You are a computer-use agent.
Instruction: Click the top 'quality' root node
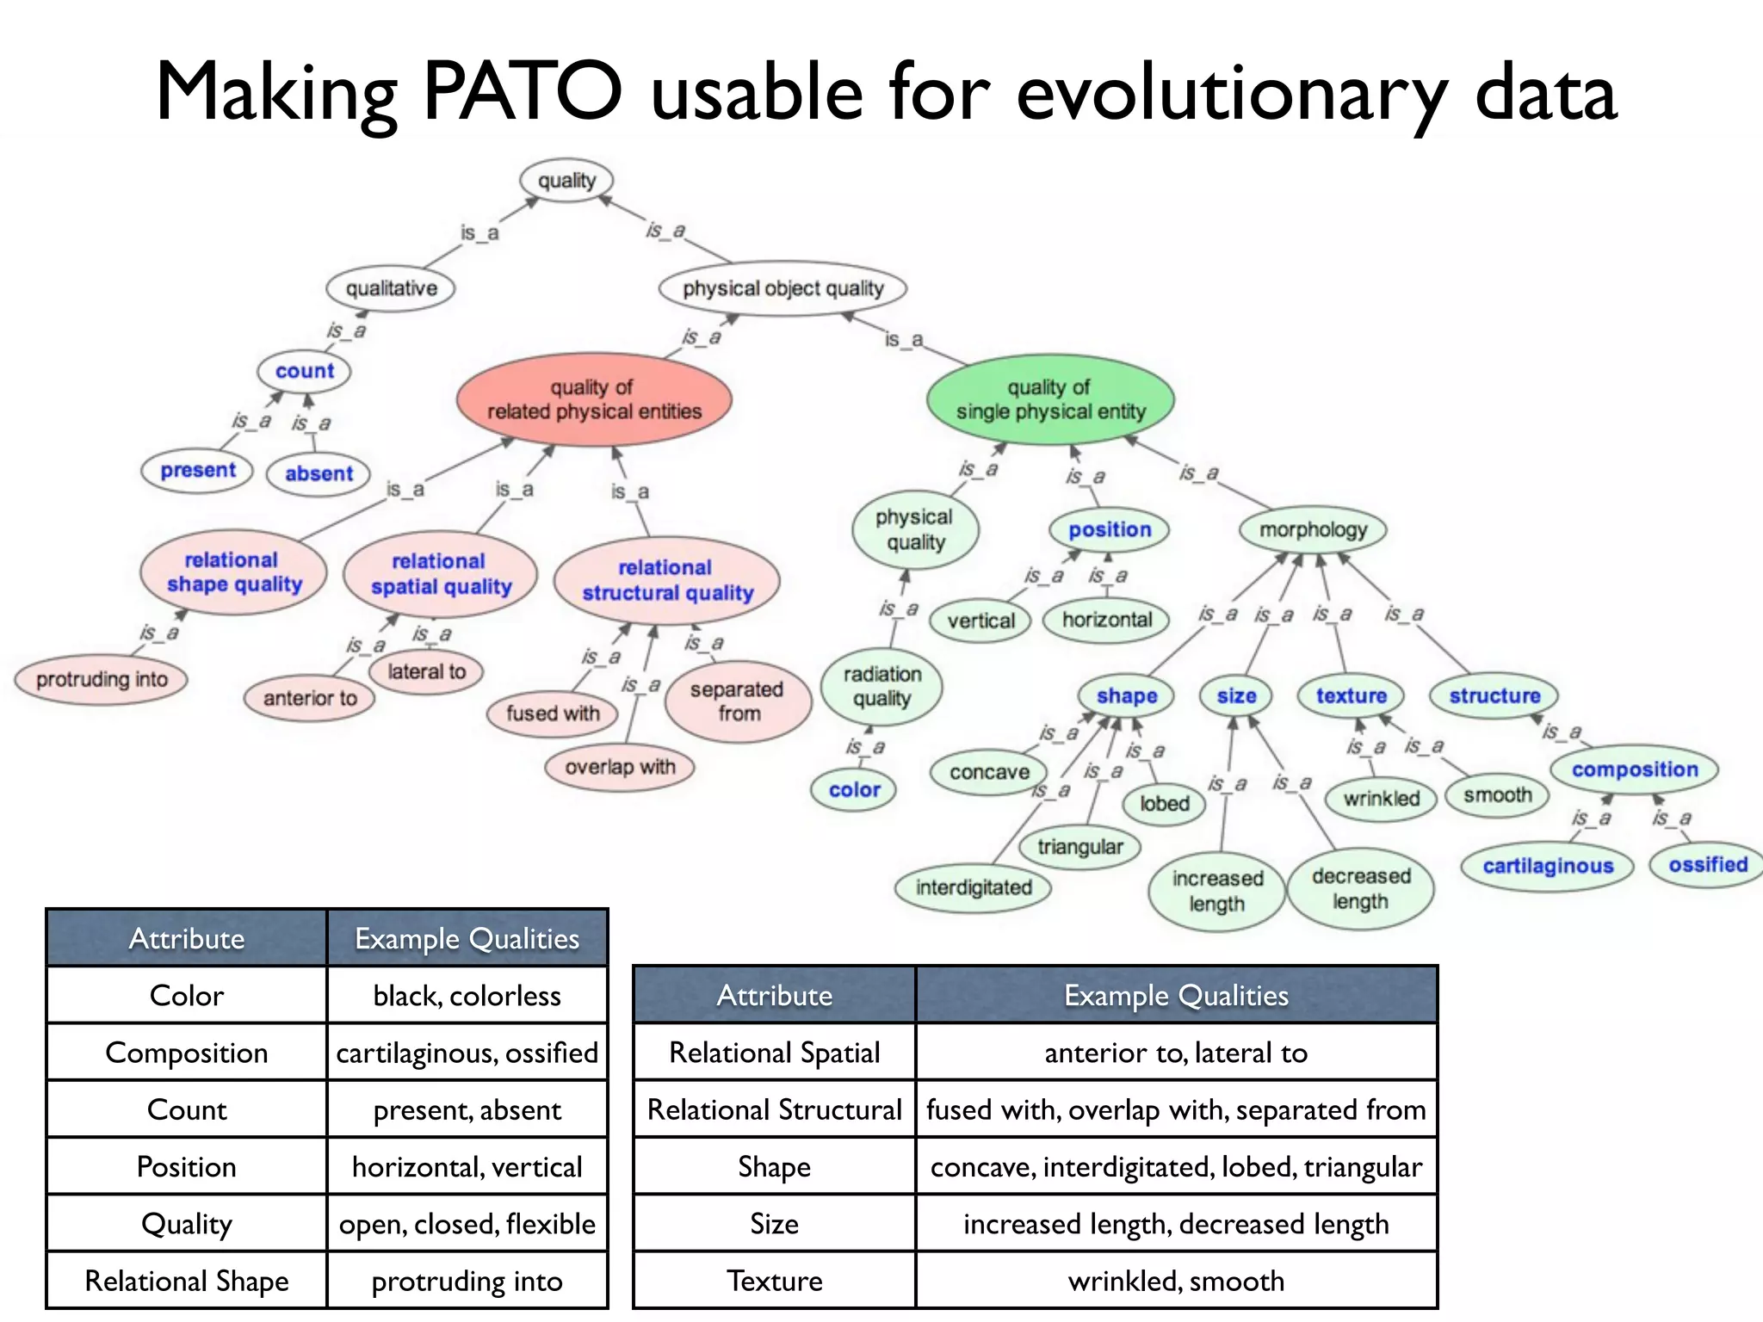coord(566,181)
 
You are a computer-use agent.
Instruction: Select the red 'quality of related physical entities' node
coord(594,399)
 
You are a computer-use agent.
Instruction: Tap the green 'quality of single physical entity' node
coord(1050,400)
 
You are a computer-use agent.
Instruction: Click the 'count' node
coord(304,371)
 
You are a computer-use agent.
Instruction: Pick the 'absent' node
coord(319,474)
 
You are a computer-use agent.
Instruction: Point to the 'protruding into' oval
coord(102,680)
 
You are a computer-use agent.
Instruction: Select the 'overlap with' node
coord(620,767)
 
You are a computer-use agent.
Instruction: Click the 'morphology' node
coord(1313,530)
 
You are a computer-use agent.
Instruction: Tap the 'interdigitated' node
coord(973,887)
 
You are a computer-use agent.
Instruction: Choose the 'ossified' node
coord(1708,865)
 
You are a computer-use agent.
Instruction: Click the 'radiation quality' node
coord(881,687)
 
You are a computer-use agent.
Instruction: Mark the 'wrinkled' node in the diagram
coord(1381,799)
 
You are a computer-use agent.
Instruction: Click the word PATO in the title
coord(522,91)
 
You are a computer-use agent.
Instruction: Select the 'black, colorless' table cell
coord(467,996)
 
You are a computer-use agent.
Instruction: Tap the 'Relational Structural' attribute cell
coord(774,1109)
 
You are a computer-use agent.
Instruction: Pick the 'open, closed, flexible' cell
coord(467,1224)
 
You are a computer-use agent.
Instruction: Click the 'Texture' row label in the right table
coord(774,1281)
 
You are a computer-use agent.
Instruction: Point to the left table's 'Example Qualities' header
coord(467,938)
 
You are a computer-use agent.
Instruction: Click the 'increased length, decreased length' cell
coord(1176,1224)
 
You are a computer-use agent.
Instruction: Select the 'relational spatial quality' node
coord(441,574)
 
